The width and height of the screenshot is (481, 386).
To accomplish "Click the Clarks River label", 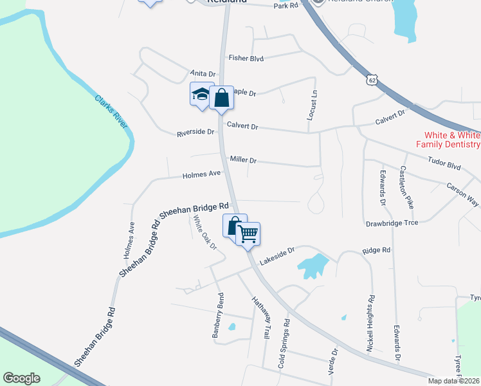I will click(111, 112).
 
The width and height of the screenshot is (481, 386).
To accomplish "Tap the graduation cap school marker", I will click(201, 95).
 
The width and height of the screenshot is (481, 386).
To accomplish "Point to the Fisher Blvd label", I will click(246, 58).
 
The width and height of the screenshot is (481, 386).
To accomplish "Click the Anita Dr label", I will click(203, 74).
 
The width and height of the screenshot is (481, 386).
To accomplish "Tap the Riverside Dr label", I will click(195, 133).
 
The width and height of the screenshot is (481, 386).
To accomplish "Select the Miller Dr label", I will click(243, 160).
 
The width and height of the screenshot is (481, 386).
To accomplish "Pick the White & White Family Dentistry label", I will click(451, 140).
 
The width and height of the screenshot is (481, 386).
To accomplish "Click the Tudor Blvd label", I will click(444, 165).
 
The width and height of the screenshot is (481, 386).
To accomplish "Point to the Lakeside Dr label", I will click(277, 256).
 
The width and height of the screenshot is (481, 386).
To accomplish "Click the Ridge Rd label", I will click(376, 250).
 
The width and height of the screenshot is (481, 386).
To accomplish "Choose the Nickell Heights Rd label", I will click(370, 323).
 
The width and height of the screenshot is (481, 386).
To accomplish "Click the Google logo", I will click(22, 378).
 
